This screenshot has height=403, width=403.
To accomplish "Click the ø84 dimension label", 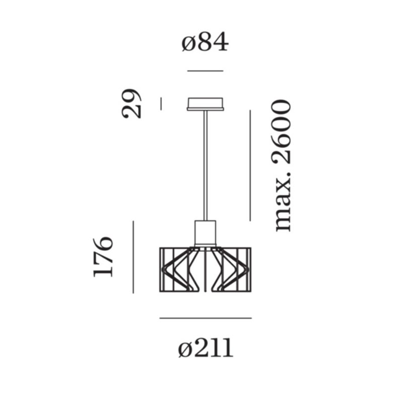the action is pyautogui.click(x=205, y=42).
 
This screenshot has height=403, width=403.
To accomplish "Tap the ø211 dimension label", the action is pyautogui.click(x=206, y=348).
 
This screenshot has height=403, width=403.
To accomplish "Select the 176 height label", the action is pyautogui.click(x=103, y=257).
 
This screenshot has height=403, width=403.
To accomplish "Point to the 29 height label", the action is pyautogui.click(x=131, y=103).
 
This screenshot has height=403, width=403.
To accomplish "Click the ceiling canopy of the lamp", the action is pyautogui.click(x=205, y=104).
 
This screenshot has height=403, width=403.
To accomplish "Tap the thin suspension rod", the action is pyautogui.click(x=206, y=166).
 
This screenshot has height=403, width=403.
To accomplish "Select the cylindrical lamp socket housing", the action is pyautogui.click(x=205, y=233).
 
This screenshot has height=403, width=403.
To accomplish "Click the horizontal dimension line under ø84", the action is pyautogui.click(x=205, y=71).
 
